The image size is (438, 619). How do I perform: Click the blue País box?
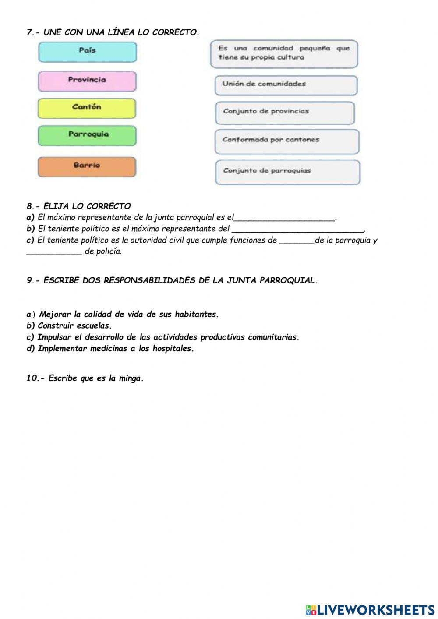point(87,52)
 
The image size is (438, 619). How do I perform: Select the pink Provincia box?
point(87,81)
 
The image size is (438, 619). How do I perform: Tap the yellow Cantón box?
point(87,108)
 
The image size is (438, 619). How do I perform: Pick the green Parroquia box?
point(87,135)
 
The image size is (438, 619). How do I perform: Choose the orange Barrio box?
point(87,166)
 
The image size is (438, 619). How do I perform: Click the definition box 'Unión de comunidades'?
point(286,85)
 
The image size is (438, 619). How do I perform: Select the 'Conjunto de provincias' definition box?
point(285,113)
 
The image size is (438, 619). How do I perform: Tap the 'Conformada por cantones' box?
point(286,141)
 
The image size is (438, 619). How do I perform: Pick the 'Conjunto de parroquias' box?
point(287,172)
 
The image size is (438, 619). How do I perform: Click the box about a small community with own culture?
point(284,53)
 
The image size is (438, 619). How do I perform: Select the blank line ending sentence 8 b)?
point(297,230)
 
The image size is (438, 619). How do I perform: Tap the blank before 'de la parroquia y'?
point(297,241)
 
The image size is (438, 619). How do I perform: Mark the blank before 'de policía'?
point(54,253)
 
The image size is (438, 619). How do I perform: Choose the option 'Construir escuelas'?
point(69,326)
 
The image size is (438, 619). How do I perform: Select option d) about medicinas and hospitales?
point(110,349)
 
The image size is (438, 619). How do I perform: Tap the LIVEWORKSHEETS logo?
point(370,609)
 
